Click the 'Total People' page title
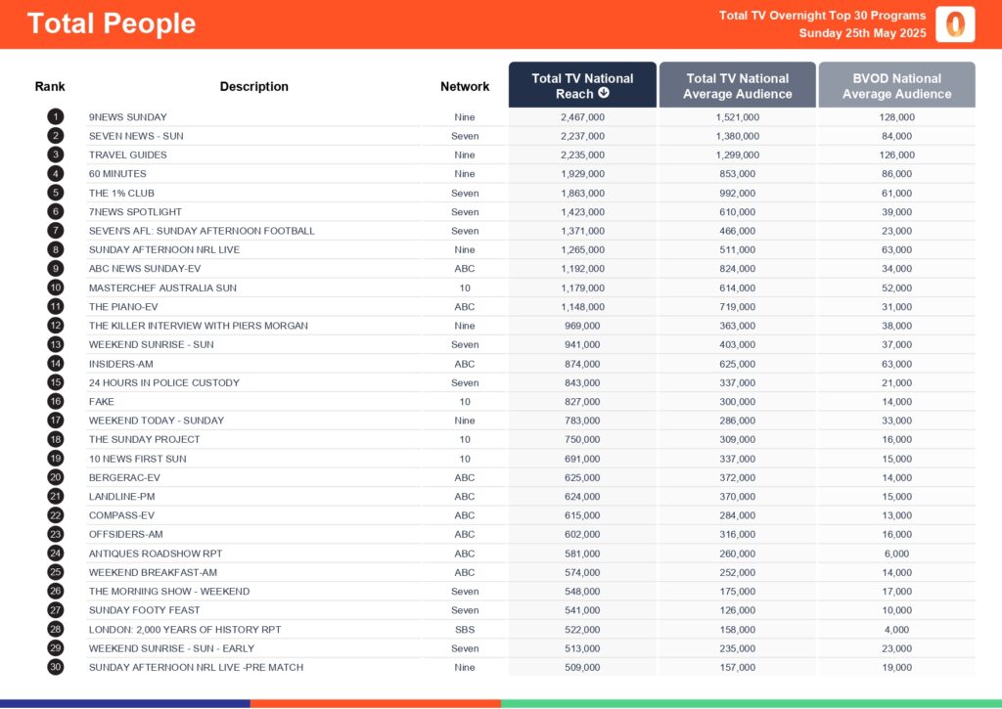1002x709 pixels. [112, 23]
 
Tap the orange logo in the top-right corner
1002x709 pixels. [955, 24]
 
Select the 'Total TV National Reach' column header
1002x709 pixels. [582, 85]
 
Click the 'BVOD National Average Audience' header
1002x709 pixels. [896, 85]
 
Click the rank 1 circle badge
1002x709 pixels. [56, 117]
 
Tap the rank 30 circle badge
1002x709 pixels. [56, 667]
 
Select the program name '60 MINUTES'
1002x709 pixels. [117, 174]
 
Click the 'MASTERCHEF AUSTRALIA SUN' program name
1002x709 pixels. [162, 288]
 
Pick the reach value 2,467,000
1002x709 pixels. [582, 117]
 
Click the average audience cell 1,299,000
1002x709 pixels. [737, 155]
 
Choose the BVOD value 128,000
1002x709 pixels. [896, 117]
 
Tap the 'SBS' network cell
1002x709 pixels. [465, 630]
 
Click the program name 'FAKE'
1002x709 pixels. [102, 402]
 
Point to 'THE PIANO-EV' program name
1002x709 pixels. [123, 307]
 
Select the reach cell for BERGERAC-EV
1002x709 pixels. [582, 477]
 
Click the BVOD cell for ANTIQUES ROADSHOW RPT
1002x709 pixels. [896, 554]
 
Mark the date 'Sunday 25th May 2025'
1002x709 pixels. [862, 33]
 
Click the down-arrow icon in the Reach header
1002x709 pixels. [604, 94]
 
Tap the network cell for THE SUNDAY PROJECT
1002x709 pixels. [465, 439]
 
